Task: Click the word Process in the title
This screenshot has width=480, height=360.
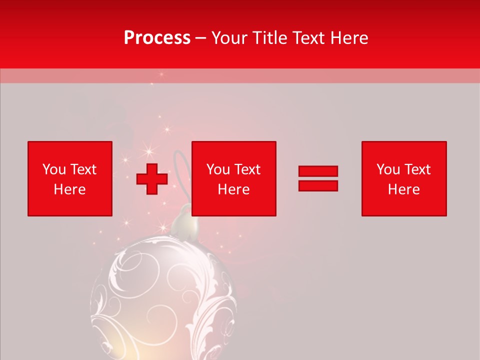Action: pyautogui.click(x=157, y=38)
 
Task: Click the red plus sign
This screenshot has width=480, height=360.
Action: pyautogui.click(x=152, y=179)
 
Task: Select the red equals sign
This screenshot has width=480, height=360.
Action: pyautogui.click(x=318, y=178)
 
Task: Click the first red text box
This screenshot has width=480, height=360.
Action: pyautogui.click(x=70, y=178)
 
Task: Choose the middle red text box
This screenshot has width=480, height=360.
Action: pyautogui.click(x=233, y=178)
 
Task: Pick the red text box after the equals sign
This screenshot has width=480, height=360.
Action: pyautogui.click(x=404, y=178)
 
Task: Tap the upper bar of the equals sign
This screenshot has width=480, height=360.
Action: pyautogui.click(x=318, y=171)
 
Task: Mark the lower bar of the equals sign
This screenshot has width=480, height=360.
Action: pyautogui.click(x=318, y=185)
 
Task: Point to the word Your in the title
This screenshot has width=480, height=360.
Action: pyautogui.click(x=230, y=38)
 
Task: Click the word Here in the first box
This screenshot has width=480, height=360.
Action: pyautogui.click(x=70, y=189)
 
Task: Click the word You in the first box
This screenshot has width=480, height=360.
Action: pyautogui.click(x=54, y=169)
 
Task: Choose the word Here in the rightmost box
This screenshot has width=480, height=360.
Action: pyautogui.click(x=404, y=189)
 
